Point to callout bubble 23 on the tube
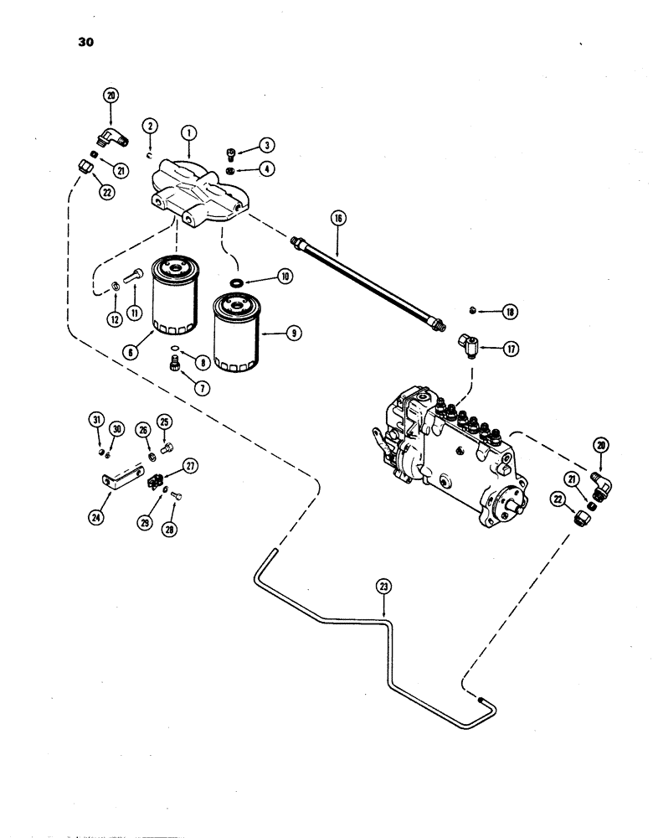384,587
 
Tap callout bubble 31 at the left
97,420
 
